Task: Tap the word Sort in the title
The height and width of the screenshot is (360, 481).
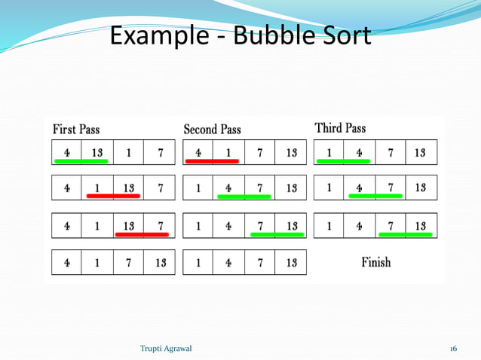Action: [x=343, y=35]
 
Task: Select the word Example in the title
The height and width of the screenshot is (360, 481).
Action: [x=156, y=35]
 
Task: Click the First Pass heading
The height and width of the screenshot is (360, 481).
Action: [x=76, y=130]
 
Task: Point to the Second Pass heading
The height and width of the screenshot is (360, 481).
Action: [x=213, y=130]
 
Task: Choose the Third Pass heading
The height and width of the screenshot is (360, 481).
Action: [x=340, y=128]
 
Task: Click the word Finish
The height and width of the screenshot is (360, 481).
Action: [x=376, y=263]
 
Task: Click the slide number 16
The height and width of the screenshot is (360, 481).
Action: [x=453, y=349]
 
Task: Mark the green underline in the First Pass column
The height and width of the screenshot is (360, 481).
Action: [x=81, y=161]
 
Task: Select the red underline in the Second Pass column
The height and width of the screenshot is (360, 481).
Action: [x=213, y=161]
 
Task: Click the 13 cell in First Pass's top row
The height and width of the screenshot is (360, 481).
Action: [x=97, y=153]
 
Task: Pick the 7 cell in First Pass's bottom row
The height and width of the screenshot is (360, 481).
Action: [x=129, y=264]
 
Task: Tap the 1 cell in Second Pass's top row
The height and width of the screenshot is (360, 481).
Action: [x=228, y=153]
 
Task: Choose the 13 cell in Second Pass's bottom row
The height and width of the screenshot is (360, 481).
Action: [x=291, y=264]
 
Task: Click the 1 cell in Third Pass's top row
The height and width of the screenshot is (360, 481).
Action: [x=329, y=153]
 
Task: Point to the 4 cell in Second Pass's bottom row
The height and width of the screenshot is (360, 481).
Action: [x=228, y=264]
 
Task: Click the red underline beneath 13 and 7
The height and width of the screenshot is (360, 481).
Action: [x=141, y=234]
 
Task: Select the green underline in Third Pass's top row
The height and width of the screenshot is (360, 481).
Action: [x=343, y=161]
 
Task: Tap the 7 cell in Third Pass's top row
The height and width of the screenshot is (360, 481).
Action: [x=391, y=153]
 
